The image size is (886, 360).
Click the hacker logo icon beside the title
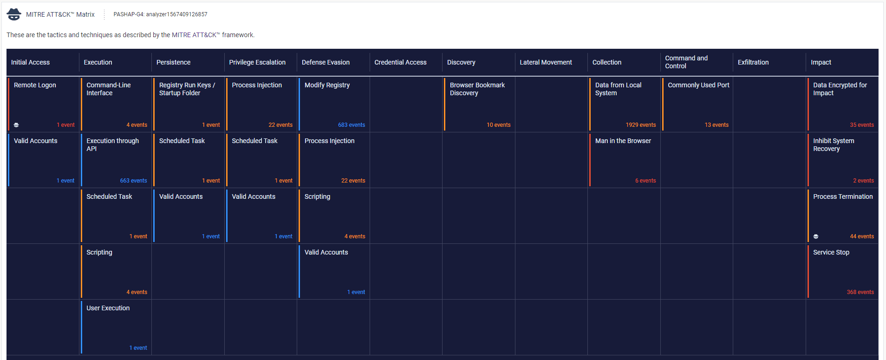point(14,14)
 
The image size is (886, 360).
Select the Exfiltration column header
point(753,62)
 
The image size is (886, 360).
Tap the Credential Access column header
point(400,62)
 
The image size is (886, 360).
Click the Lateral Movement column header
point(546,62)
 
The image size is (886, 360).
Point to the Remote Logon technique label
point(35,85)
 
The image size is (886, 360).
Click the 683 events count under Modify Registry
point(351,125)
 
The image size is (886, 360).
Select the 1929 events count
point(640,125)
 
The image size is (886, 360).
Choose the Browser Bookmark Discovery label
point(477,89)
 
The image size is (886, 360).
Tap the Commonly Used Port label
point(698,85)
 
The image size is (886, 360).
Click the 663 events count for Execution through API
point(133,181)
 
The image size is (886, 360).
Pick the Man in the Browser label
point(623,141)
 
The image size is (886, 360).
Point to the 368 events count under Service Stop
point(860,292)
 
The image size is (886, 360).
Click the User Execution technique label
point(108,308)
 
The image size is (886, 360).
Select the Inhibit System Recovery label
point(833,144)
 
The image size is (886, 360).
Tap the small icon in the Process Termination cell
point(816,236)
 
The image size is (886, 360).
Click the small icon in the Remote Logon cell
point(16,125)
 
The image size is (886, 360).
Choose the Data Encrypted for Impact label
point(840,89)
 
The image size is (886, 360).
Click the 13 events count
point(717,125)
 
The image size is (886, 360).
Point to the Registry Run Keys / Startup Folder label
point(187,89)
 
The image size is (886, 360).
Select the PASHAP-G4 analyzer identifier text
point(160,14)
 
